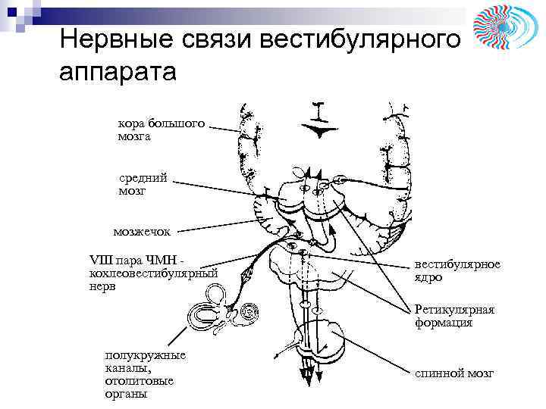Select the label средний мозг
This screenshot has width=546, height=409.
(x=143, y=184)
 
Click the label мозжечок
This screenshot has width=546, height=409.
(x=142, y=230)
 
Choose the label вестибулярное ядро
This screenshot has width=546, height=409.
(x=457, y=270)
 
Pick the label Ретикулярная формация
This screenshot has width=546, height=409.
(x=454, y=317)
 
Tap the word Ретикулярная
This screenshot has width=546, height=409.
(x=454, y=310)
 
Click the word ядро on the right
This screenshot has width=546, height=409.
(x=428, y=276)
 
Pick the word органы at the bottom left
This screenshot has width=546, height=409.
(x=127, y=394)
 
